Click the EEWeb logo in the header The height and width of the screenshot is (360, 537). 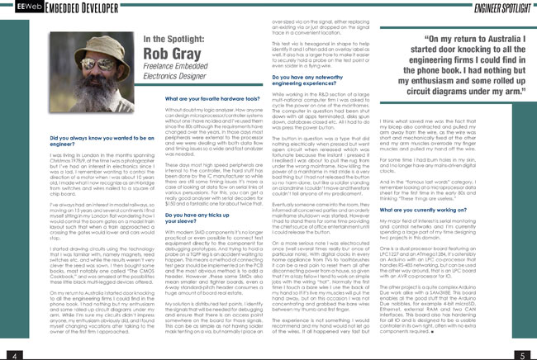click(17, 9)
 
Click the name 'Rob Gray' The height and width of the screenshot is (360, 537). click(169, 59)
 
